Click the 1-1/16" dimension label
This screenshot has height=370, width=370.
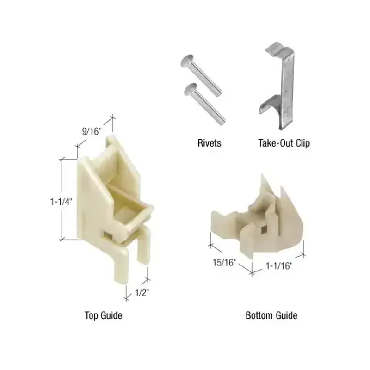pyautogui.click(x=279, y=266)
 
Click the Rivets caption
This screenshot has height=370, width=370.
pyautogui.click(x=209, y=143)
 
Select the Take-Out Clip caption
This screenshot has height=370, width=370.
pyautogui.click(x=284, y=143)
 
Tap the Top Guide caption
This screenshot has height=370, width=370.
pyautogui.click(x=104, y=315)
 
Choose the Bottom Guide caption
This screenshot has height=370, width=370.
pyautogui.click(x=271, y=315)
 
